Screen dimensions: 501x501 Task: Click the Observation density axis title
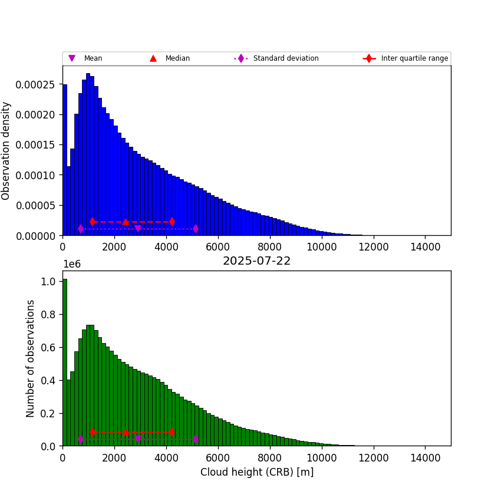pyautogui.click(x=6, y=150)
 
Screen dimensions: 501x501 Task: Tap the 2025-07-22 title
pyautogui.click(x=256, y=261)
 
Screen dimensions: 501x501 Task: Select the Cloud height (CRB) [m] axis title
pyautogui.click(x=256, y=472)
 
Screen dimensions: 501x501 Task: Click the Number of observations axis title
pyautogui.click(x=31, y=358)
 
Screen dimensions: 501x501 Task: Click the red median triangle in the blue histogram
pyautogui.click(x=126, y=222)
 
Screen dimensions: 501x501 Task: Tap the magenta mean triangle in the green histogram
pyautogui.click(x=138, y=439)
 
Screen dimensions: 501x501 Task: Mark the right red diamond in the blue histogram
pyautogui.click(x=172, y=222)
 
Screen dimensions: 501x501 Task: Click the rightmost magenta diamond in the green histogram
pyautogui.click(x=195, y=439)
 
